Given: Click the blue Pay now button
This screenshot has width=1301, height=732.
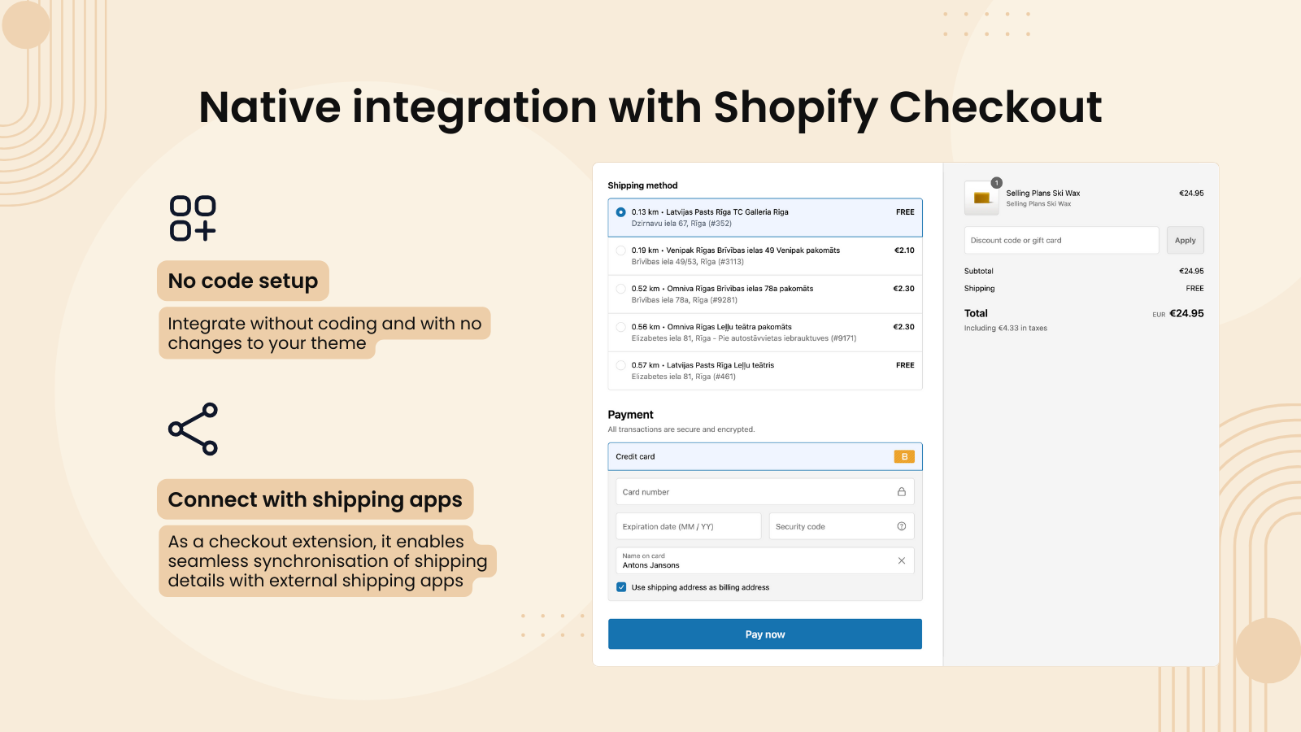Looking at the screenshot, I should [x=764, y=634].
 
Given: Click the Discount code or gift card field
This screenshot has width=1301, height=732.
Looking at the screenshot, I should [x=1061, y=241].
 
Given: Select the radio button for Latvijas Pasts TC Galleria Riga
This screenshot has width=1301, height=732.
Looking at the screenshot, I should [x=621, y=212].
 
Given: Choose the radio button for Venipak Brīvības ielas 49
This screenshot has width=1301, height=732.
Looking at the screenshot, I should [x=621, y=251].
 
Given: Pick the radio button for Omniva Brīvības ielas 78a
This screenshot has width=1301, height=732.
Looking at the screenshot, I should [x=621, y=289].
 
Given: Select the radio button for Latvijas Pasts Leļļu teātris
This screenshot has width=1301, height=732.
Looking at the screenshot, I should [x=621, y=365].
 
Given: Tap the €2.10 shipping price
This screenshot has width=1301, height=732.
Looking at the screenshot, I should [x=904, y=251].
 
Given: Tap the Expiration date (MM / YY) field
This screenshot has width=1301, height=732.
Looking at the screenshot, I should [x=688, y=527].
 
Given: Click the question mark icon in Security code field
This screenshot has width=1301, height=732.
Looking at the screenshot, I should [x=901, y=526].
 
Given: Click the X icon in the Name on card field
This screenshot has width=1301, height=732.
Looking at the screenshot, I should [x=901, y=560].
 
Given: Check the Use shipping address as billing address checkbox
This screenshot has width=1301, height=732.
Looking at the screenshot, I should [x=621, y=587].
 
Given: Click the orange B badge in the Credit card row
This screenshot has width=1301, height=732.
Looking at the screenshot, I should [x=904, y=457].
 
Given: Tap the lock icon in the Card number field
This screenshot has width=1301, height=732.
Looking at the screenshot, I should [x=901, y=492].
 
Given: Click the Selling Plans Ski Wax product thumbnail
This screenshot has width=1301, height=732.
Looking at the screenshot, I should [x=981, y=198].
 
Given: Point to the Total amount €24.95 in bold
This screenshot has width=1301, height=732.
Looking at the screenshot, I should [x=1186, y=313].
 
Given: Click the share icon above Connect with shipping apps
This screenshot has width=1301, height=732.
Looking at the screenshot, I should [x=194, y=429].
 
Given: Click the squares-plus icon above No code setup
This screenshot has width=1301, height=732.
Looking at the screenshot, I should [x=193, y=218].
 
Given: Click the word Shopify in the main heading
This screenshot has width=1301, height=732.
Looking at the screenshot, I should [x=795, y=107].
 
